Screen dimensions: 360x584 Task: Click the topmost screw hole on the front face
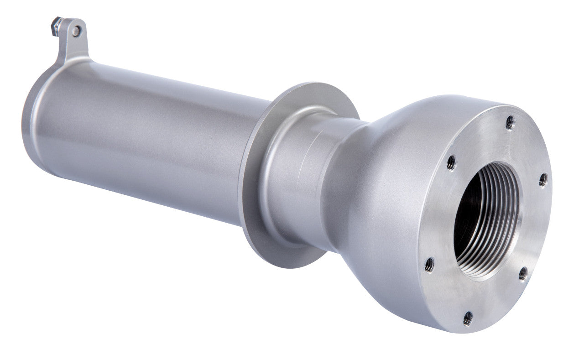[x=510, y=122]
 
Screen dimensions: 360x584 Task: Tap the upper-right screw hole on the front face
[x=542, y=180]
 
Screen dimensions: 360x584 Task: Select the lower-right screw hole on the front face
[x=523, y=274]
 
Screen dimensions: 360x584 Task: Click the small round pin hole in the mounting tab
[x=76, y=31]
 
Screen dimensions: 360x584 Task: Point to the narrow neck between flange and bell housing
[x=315, y=183]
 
